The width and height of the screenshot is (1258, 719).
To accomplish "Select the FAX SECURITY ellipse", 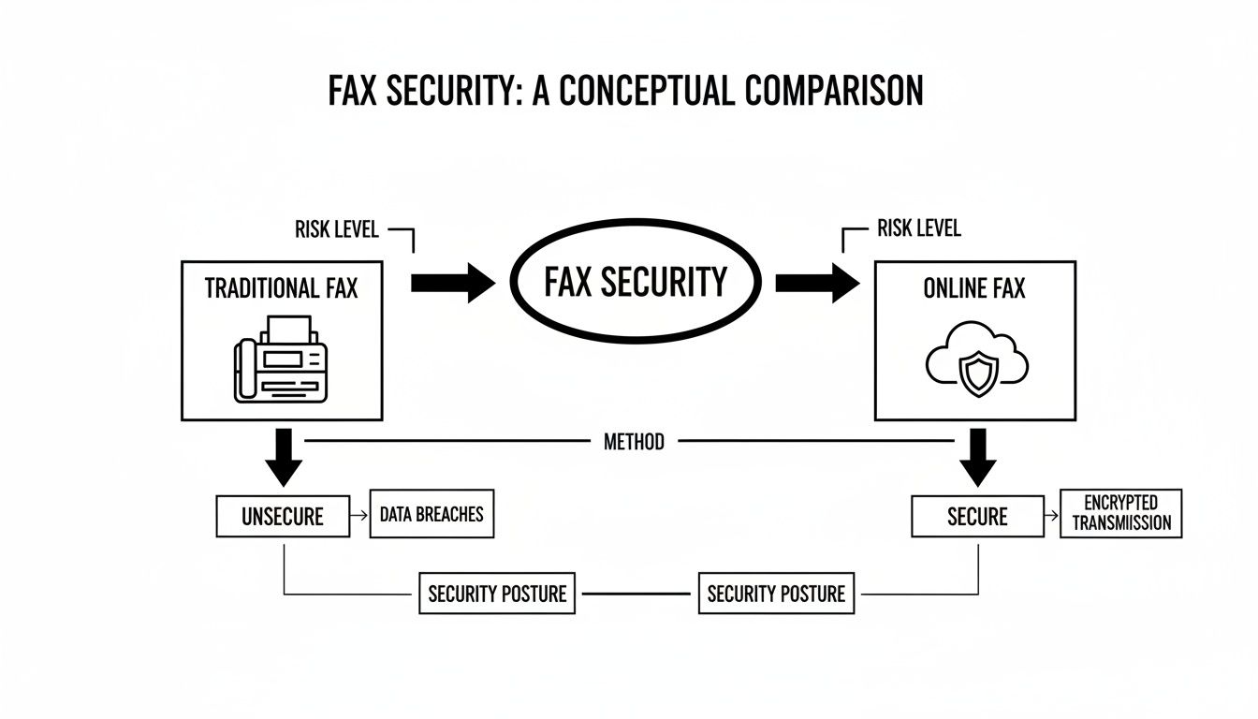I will coord(634,282).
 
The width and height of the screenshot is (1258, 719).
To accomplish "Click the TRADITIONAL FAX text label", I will coord(281,288).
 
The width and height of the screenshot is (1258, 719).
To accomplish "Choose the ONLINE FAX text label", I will coord(973,289).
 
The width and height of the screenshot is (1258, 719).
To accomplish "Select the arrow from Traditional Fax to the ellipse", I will coord(452,282).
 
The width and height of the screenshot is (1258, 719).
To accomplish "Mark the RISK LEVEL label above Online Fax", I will coord(918,229).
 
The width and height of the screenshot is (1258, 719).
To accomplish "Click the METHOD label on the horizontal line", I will coord(634,442).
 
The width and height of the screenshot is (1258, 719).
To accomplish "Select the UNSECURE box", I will coord(282,517).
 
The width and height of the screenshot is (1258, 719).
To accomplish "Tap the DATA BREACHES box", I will coord(432,514).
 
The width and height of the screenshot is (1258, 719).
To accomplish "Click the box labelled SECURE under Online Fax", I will coord(977,517).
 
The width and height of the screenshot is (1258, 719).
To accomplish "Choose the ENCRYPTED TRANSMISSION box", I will coord(1120,514).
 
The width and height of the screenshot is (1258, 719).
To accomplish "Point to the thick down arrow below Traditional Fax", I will coord(285,457).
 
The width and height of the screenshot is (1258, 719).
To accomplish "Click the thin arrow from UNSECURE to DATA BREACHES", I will coord(359,515).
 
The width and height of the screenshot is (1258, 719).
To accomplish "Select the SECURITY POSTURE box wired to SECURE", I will coord(776,594).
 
